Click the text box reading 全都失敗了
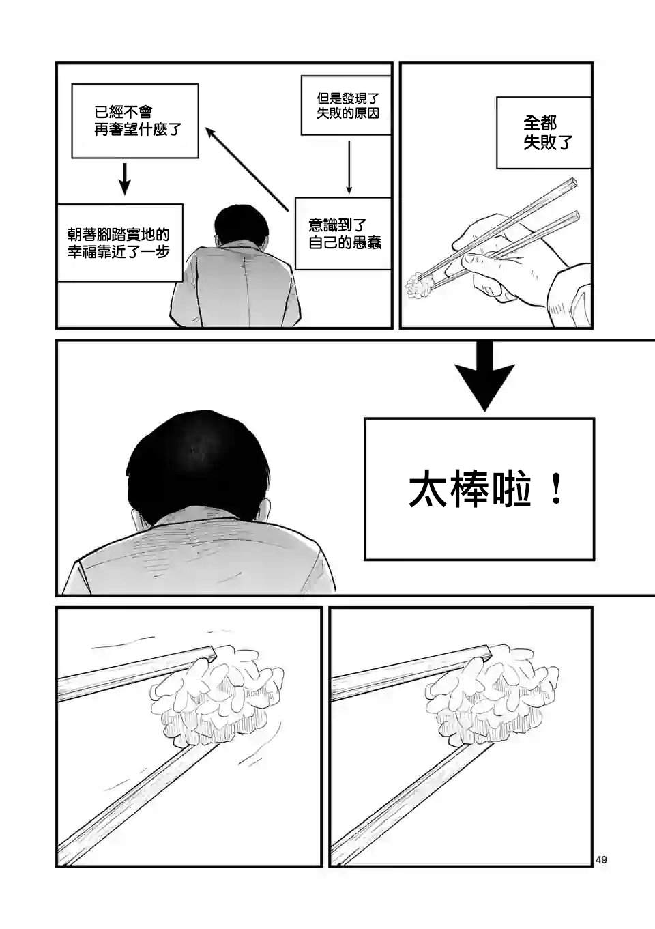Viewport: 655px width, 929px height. (x=543, y=132)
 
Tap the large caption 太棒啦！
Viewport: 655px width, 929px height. (x=486, y=491)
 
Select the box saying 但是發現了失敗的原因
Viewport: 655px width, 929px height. (x=346, y=105)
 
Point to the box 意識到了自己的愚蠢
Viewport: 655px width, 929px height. (x=343, y=233)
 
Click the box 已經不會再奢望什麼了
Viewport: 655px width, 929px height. (x=135, y=121)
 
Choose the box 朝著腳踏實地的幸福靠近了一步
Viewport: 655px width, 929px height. (x=119, y=242)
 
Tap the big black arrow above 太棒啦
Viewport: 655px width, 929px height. (x=484, y=375)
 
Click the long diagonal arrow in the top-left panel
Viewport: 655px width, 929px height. (x=247, y=169)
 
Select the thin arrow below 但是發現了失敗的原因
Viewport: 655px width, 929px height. (x=349, y=167)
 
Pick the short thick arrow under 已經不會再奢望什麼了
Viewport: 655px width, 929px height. (x=125, y=179)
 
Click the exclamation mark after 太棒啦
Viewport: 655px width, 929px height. (x=555, y=491)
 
